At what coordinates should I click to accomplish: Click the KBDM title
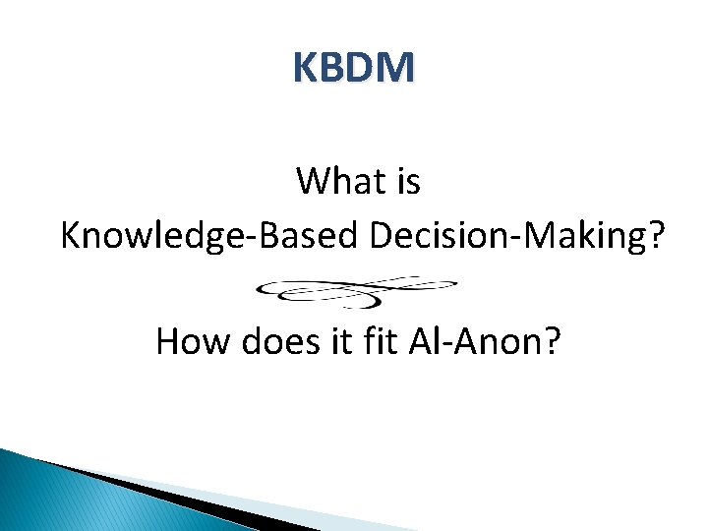click(354, 68)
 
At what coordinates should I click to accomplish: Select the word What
click(339, 182)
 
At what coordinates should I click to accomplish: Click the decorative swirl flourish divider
click(356, 291)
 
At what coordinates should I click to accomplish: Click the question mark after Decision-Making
click(653, 236)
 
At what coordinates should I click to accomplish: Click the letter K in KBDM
click(306, 68)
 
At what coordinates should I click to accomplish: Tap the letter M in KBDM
click(397, 68)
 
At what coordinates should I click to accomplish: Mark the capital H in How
click(168, 341)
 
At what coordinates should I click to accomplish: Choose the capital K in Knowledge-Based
click(71, 236)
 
